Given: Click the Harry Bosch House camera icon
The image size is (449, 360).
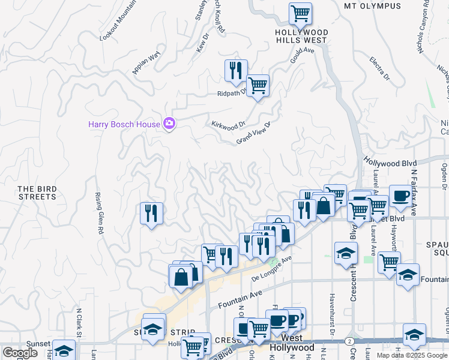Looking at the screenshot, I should [169, 124].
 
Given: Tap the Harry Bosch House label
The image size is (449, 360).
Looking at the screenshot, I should [124, 125].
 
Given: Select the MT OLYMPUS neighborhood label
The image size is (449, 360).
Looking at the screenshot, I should [372, 6].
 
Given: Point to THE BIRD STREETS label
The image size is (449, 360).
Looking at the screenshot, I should [37, 193].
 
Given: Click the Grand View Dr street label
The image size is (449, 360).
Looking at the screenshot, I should [254, 132].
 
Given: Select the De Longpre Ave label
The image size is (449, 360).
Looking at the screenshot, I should [271, 268].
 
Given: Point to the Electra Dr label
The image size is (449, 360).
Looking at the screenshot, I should [379, 69].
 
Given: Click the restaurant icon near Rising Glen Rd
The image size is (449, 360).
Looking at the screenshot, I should [151, 213].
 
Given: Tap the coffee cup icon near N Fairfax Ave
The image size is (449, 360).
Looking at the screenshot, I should [400, 195].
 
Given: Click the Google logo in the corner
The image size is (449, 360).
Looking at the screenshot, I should [20, 353].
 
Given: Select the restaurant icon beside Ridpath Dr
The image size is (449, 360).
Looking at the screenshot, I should [236, 70].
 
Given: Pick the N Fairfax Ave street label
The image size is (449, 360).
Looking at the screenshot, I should [414, 193].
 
